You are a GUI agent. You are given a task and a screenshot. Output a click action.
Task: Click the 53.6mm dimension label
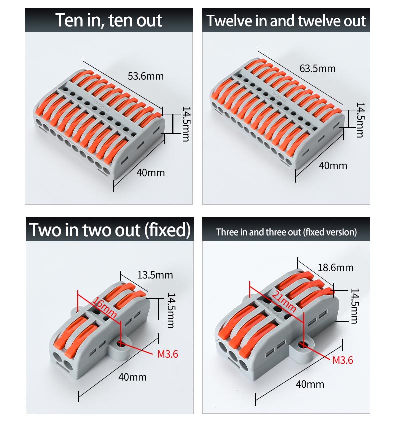(x=146, y=76)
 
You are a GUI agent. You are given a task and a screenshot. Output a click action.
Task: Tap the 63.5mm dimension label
(x=317, y=68)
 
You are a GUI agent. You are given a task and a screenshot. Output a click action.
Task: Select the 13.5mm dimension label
(x=155, y=275)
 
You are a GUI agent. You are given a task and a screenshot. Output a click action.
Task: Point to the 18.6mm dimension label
(x=335, y=268)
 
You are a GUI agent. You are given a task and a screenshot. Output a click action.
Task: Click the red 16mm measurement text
(x=105, y=307)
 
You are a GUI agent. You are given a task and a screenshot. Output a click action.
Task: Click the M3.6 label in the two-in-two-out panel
(x=168, y=354)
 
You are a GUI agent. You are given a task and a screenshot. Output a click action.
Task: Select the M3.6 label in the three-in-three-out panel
(x=343, y=360)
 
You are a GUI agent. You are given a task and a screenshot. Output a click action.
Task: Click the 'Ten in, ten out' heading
(x=109, y=20)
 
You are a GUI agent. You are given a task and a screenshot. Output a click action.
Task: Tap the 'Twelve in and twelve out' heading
(x=286, y=21)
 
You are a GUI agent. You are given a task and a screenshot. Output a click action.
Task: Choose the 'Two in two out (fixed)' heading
(x=110, y=230)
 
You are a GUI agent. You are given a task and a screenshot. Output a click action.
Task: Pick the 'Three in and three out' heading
(x=259, y=232)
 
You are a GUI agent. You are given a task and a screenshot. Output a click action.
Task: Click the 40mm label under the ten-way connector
(x=150, y=173)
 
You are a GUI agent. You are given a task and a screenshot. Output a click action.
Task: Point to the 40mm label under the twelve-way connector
(x=333, y=166)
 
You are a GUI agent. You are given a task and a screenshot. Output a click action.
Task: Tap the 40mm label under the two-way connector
(x=132, y=377)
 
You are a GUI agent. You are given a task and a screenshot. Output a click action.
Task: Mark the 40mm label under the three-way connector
(x=310, y=384)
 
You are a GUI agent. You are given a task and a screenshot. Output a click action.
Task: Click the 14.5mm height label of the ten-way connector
(x=186, y=124)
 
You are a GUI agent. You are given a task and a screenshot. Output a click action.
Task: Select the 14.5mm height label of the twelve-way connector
(x=360, y=120)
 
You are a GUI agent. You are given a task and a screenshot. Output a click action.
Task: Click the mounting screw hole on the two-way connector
(x=119, y=344)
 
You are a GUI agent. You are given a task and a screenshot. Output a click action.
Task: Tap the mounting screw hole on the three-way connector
(x=302, y=345)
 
